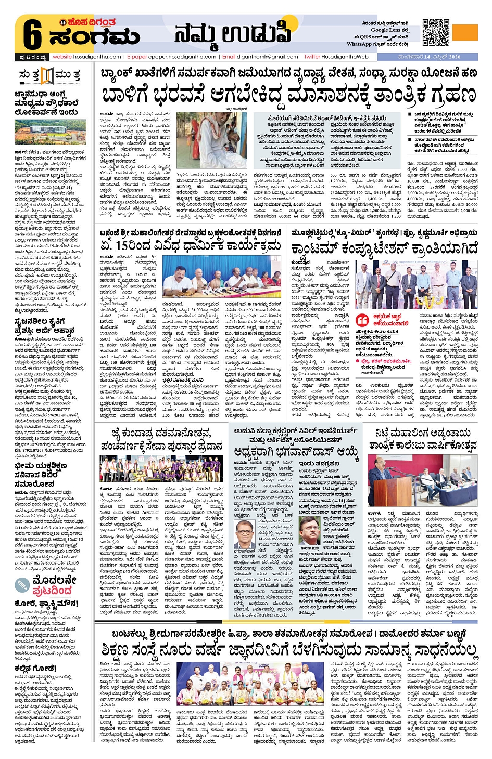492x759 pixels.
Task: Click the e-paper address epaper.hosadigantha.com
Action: tap(180, 57)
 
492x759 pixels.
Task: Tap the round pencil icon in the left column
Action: tap(23, 585)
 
